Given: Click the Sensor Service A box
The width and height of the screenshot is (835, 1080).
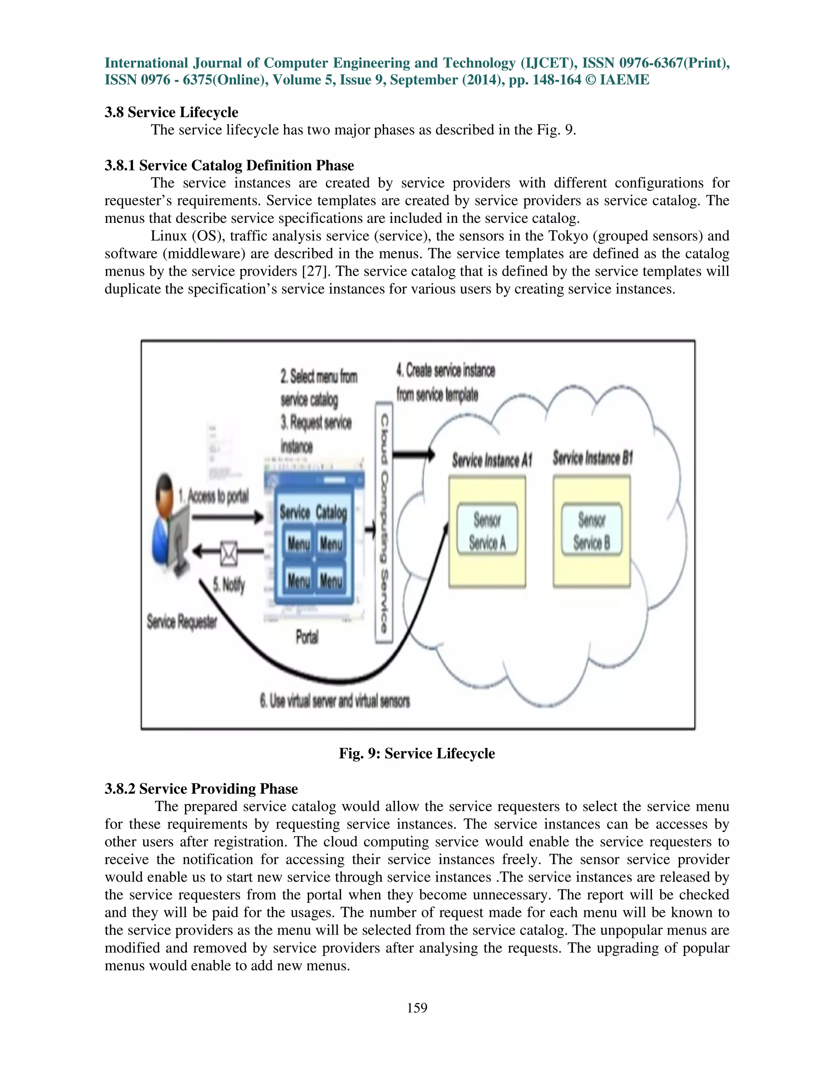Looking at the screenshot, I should (487, 530).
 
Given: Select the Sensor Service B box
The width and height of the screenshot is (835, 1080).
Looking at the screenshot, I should (592, 530).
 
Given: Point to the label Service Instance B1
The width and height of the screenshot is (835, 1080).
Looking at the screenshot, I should (592, 458).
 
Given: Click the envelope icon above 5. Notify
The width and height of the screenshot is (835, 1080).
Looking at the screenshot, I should (229, 553).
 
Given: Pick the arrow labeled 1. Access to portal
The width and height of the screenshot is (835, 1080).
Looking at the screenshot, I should (228, 518).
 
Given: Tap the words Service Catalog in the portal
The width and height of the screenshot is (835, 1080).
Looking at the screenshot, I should (313, 513).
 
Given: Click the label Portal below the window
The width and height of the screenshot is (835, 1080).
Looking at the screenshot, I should (307, 637).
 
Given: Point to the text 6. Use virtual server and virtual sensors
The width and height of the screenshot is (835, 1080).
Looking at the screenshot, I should (335, 701).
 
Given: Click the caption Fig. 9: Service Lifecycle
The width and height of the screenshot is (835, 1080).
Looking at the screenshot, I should (417, 753).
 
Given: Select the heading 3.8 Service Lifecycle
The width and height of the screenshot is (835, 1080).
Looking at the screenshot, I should (171, 112).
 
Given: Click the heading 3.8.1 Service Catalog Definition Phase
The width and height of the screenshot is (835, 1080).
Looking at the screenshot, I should (229, 165).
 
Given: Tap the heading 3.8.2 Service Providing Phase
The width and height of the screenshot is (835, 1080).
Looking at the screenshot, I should (201, 788).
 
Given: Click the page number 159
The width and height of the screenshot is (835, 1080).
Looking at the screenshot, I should (417, 1008).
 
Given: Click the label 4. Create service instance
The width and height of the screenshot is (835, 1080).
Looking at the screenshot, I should (445, 370).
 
